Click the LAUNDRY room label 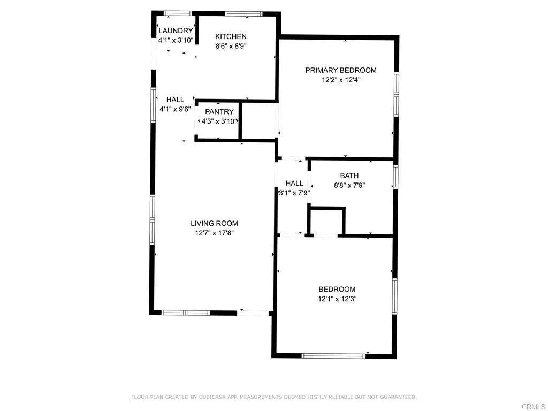click(175, 31)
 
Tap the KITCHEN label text click(231, 36)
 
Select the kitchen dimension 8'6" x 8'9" click(231, 46)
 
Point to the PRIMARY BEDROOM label click(341, 70)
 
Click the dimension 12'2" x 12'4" click(341, 80)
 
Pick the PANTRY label click(219, 112)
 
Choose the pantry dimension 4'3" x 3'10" click(219, 121)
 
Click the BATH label click(349, 176)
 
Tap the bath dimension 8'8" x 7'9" click(349, 186)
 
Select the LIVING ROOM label click(214, 223)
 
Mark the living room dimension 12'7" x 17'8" click(214, 233)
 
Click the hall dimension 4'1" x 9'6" click(175, 109)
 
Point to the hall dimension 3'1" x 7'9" click(294, 193)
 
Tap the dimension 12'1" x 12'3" click(337, 299)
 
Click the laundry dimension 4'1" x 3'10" click(175, 41)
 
